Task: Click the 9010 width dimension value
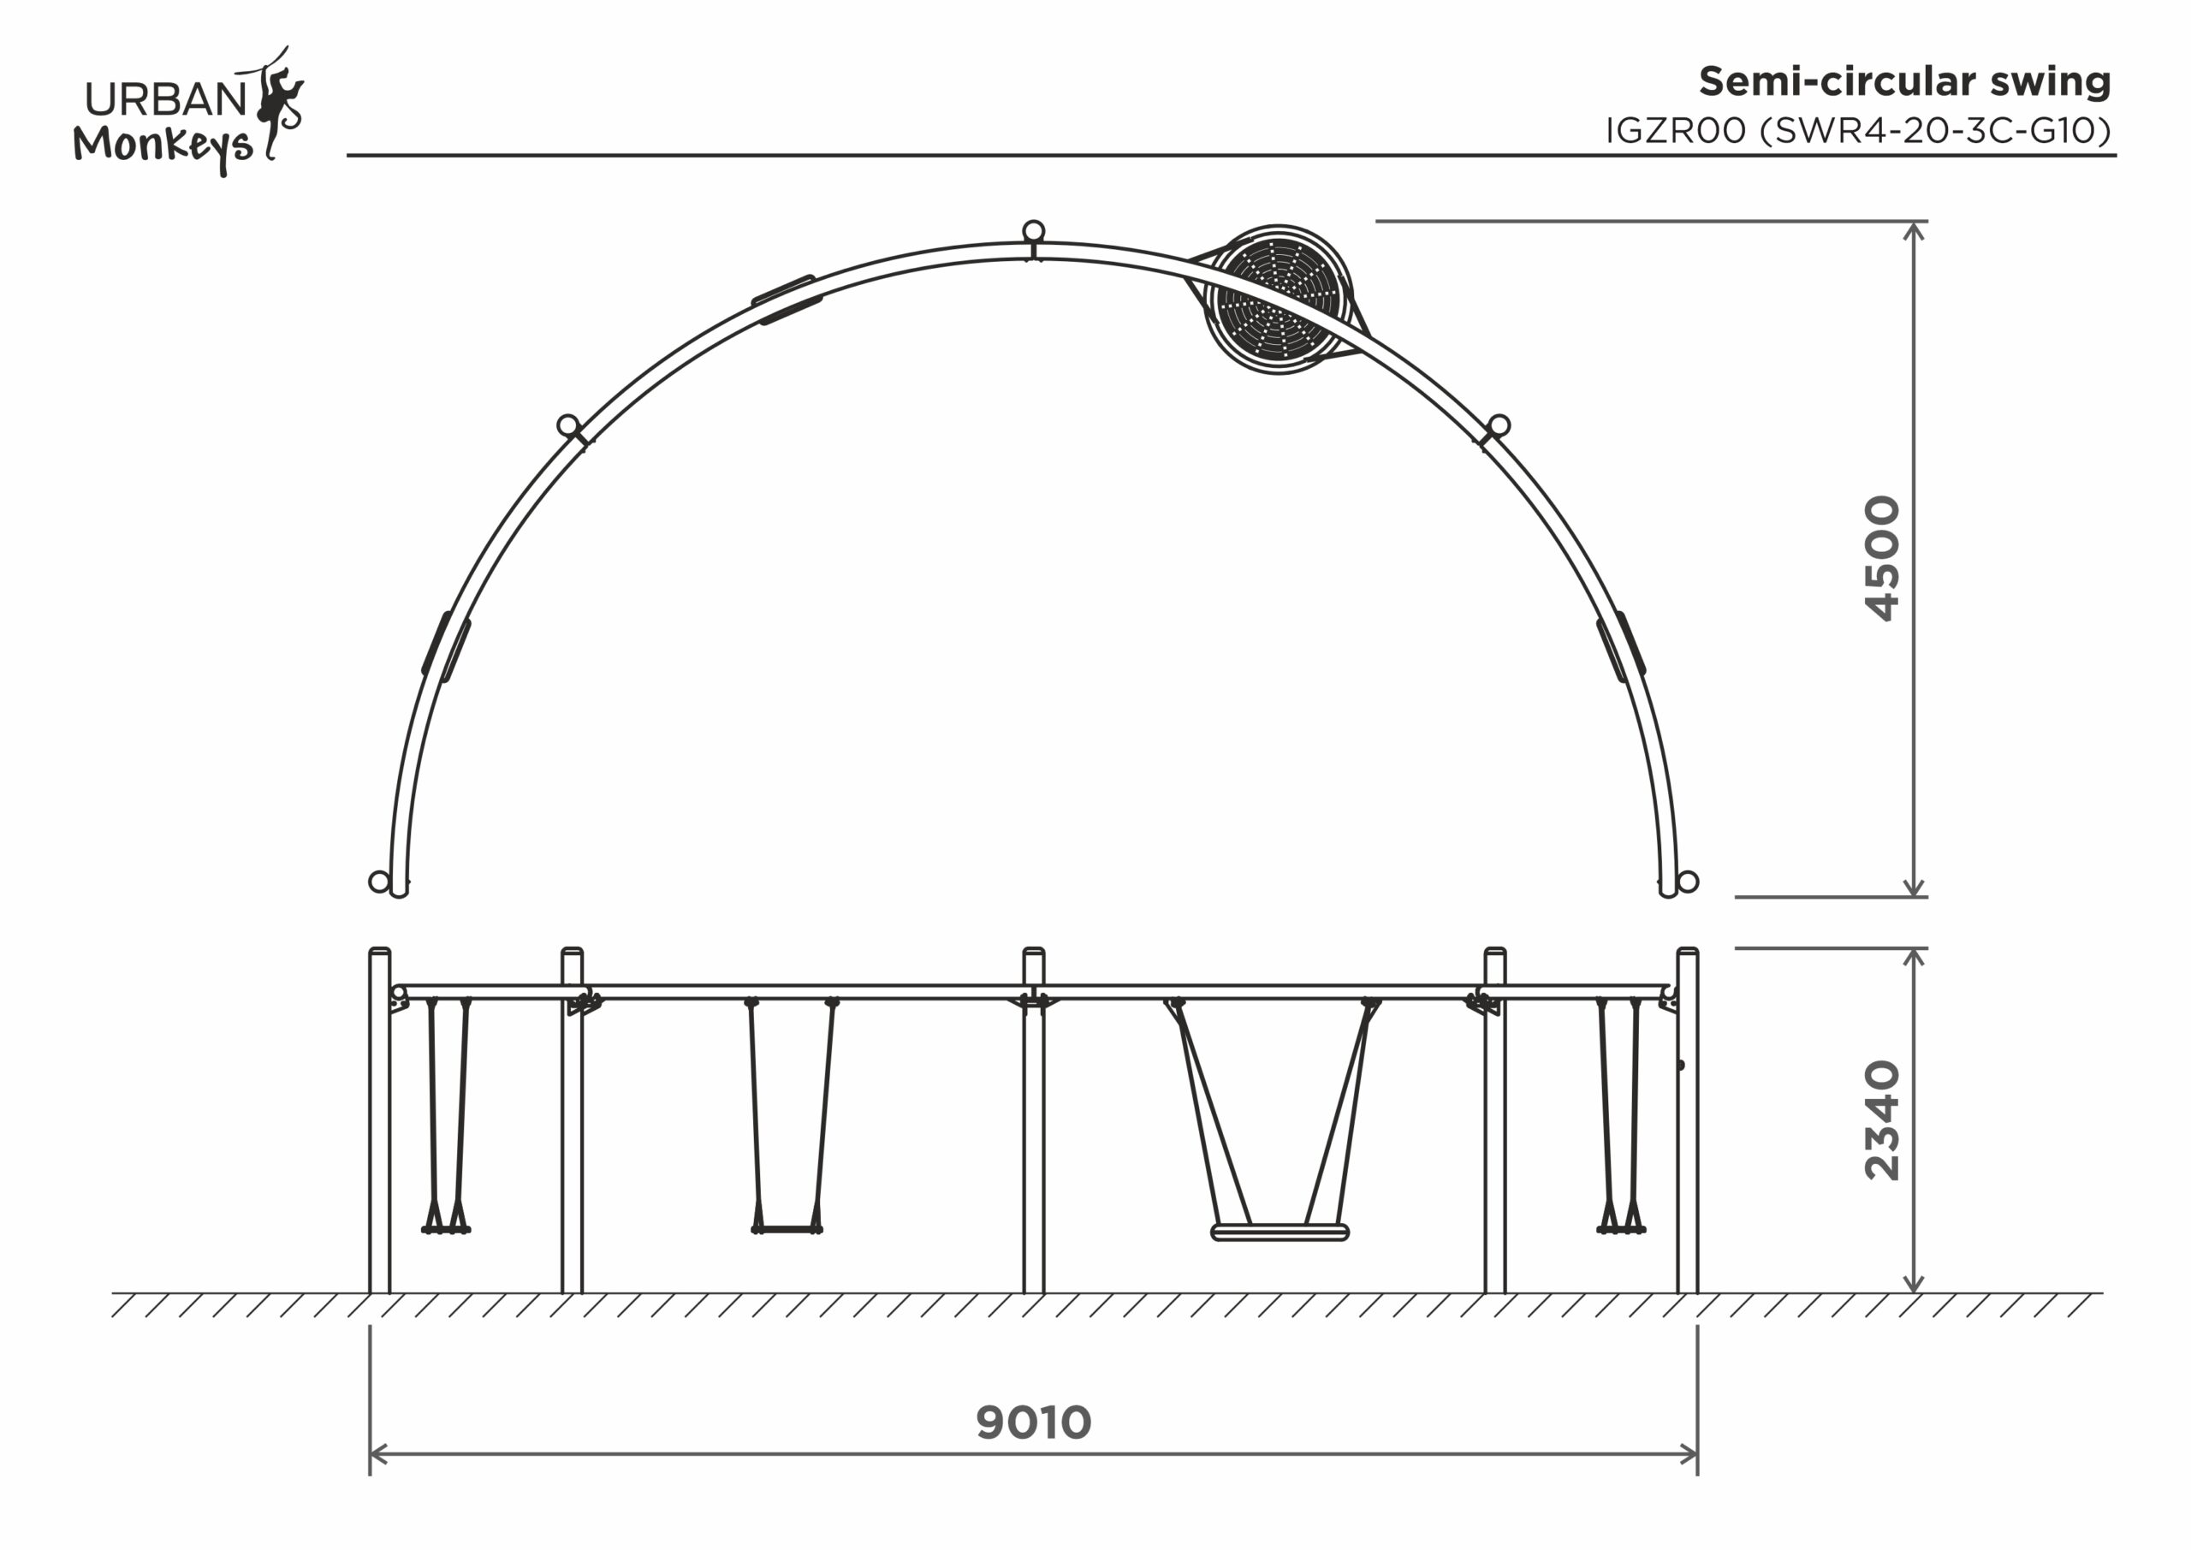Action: point(1034,1423)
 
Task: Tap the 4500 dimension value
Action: point(1883,558)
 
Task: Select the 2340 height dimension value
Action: point(1883,1121)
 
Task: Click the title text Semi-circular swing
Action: point(1905,82)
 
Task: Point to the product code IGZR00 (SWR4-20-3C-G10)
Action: point(1859,131)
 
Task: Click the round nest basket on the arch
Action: point(1279,300)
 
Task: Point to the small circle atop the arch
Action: point(1034,231)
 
